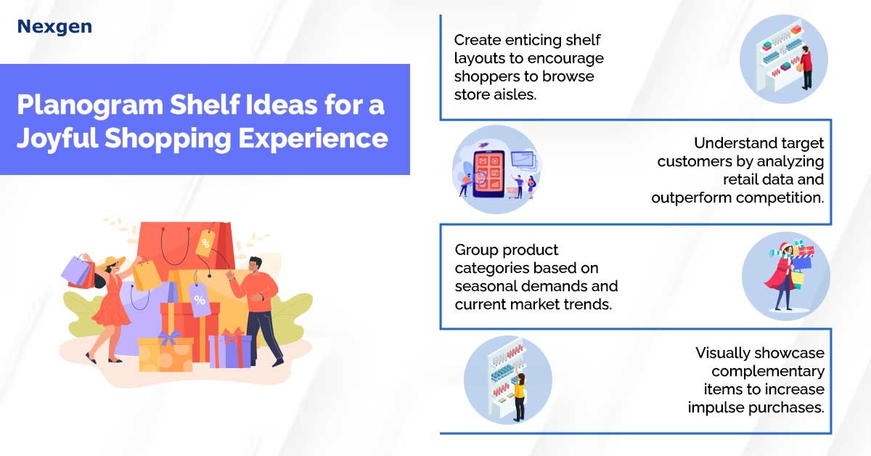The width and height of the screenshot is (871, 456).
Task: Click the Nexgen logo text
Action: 55,27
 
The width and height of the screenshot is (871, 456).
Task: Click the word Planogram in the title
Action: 90,105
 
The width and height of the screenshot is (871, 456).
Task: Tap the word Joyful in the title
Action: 57,139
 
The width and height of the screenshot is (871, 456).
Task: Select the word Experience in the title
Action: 313,139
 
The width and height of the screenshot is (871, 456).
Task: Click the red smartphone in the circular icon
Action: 489,174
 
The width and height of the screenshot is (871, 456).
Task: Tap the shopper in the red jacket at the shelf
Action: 806,68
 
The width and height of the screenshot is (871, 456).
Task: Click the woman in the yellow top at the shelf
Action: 520,396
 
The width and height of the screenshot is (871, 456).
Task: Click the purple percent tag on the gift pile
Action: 200,300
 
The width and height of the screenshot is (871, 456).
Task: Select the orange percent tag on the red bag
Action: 205,243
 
